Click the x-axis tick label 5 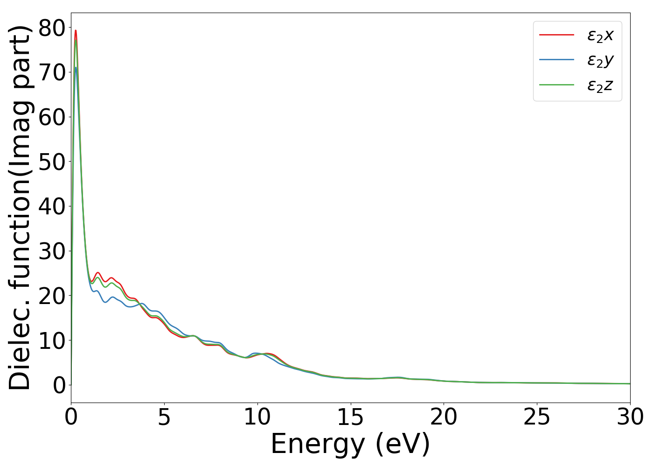point(164,417)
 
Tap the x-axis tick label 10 point(257,417)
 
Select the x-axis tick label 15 point(350,417)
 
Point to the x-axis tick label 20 point(444,417)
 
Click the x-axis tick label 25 point(537,417)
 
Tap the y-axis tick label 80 point(51,28)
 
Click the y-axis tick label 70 point(51,73)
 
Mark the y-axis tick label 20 point(51,296)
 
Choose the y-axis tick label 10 point(51,341)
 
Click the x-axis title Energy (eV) point(350,444)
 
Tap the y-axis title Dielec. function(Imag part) point(20,207)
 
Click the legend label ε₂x point(600,35)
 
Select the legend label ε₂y point(600,60)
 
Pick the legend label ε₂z point(600,85)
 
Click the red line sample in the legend point(556,35)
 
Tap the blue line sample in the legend point(556,60)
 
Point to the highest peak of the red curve point(76,30)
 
